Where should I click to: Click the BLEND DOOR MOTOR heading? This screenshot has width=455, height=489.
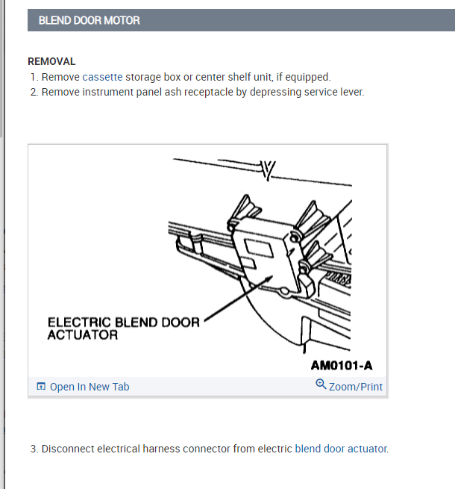tap(89, 21)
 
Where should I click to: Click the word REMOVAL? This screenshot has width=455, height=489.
tap(51, 61)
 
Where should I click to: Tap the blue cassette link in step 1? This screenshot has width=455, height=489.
tap(102, 77)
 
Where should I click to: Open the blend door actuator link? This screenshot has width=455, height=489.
tap(341, 449)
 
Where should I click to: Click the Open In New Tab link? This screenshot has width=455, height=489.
tap(90, 387)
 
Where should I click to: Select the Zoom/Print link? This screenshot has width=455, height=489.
tap(356, 387)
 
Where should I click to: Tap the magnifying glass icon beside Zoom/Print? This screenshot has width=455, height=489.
tap(321, 384)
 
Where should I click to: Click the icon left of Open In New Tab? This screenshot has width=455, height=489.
tap(41, 387)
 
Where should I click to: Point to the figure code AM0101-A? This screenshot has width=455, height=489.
tap(342, 365)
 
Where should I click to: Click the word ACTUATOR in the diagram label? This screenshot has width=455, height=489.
tap(83, 335)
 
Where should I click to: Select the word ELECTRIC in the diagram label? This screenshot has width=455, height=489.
tap(79, 323)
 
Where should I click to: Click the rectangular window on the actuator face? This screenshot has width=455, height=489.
tap(259, 248)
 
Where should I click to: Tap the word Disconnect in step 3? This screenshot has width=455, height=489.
tap(68, 449)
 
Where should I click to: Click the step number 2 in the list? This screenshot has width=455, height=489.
tap(34, 93)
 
